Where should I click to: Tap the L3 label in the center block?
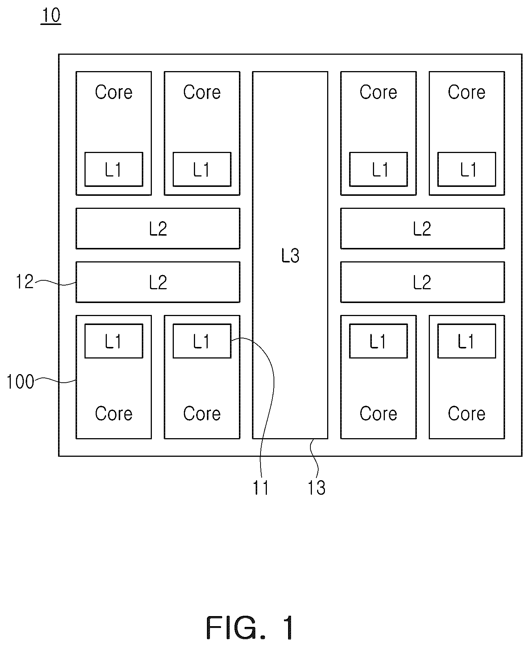(290, 256)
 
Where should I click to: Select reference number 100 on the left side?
(20, 382)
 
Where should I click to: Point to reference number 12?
(25, 282)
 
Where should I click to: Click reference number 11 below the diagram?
(261, 488)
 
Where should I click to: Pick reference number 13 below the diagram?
(316, 488)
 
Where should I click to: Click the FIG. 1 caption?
(250, 628)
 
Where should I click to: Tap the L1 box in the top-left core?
(114, 169)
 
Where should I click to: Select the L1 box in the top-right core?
(467, 169)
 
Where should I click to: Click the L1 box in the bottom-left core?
(114, 341)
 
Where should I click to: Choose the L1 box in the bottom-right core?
(467, 341)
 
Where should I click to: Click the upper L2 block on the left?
(158, 229)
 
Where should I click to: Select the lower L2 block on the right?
(422, 282)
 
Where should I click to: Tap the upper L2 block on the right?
(422, 229)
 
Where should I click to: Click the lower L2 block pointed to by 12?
(158, 282)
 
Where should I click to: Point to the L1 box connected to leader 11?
(202, 341)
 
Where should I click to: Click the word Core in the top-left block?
(114, 92)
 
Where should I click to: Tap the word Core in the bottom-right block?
(467, 414)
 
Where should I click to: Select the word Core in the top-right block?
(467, 92)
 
